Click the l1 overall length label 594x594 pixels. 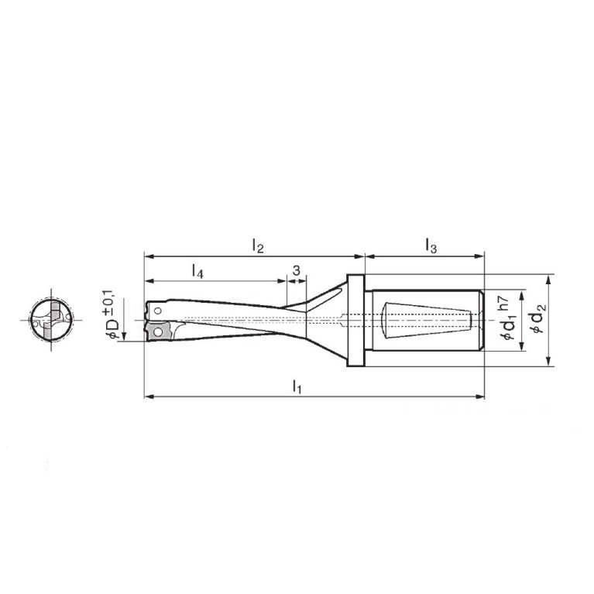tap(297, 386)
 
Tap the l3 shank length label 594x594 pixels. tap(431, 245)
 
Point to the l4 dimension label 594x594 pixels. tap(197, 271)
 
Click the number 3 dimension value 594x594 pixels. tap(297, 270)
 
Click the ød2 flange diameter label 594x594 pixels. tap(540, 319)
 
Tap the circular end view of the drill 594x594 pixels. tap(51, 320)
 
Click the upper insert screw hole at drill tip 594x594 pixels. tap(158, 311)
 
